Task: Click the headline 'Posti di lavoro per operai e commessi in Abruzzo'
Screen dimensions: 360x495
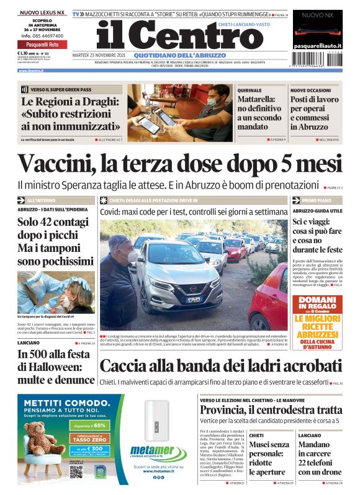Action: (315, 116)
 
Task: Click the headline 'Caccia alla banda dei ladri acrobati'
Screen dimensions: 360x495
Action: (220, 366)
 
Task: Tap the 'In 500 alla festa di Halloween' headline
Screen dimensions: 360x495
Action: (56, 366)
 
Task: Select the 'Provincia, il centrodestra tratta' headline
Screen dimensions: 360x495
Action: (270, 410)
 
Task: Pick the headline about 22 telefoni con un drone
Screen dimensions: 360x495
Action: (319, 463)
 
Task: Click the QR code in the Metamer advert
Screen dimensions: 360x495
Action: (76, 472)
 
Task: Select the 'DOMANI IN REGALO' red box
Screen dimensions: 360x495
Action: (317, 305)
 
